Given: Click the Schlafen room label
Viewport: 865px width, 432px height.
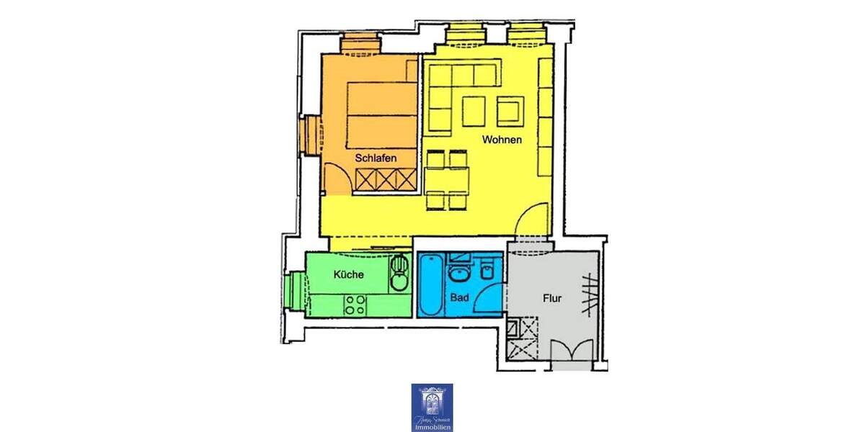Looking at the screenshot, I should click(x=376, y=158).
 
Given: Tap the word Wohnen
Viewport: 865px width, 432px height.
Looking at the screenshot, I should click(x=502, y=140).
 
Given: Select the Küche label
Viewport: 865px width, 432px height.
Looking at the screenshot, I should click(x=348, y=274).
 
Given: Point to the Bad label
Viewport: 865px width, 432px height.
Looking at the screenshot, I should click(x=458, y=297).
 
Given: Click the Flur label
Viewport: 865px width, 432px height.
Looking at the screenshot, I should click(x=552, y=297).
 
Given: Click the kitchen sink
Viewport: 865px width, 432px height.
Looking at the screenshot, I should click(x=399, y=272).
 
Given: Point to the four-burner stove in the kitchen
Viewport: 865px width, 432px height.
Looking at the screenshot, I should click(x=354, y=305).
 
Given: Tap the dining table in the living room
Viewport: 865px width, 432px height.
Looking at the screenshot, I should click(x=448, y=178).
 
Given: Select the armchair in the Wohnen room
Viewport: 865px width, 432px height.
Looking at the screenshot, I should click(x=510, y=110).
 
